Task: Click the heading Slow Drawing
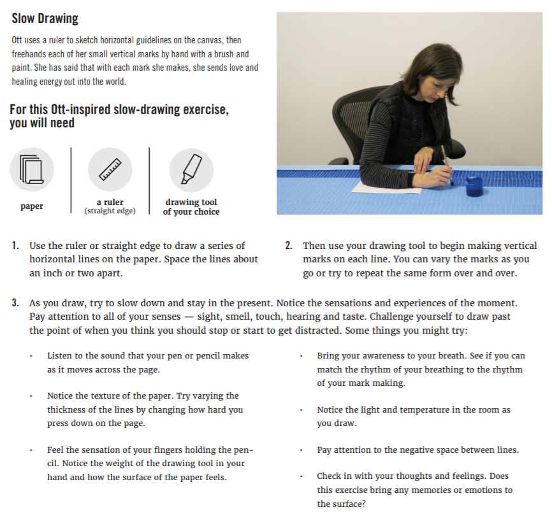click(x=45, y=18)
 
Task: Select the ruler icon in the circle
click(x=110, y=169)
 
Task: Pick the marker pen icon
click(x=191, y=169)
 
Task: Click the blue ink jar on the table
click(x=473, y=187)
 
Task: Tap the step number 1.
click(x=15, y=246)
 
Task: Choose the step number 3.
click(x=15, y=302)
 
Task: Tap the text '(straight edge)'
click(x=110, y=211)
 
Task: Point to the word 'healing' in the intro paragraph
click(x=24, y=82)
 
